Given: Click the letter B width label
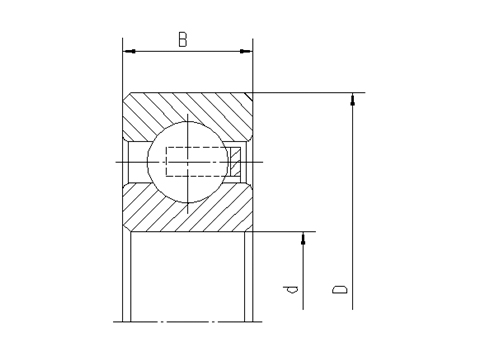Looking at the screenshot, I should pyautogui.click(x=183, y=39).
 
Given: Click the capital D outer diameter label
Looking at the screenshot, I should pyautogui.click(x=341, y=289).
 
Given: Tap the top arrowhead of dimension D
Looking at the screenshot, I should pyautogui.click(x=353, y=98).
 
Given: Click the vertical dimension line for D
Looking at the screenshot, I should pyautogui.click(x=353, y=200).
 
